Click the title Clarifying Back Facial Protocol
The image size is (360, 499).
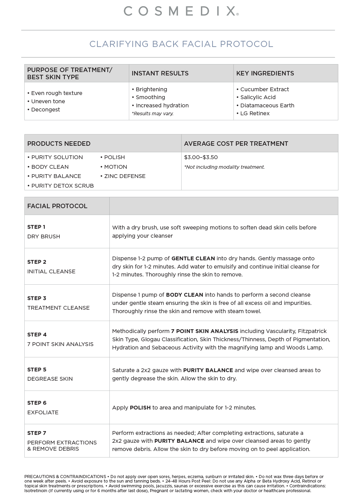click(181, 44)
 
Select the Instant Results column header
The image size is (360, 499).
click(160, 73)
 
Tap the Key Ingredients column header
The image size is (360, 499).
click(265, 73)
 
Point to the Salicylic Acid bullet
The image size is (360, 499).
click(257, 97)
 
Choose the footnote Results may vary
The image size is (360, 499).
click(153, 114)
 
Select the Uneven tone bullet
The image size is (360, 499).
click(48, 102)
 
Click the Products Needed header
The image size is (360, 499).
click(59, 144)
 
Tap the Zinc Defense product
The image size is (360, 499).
click(124, 176)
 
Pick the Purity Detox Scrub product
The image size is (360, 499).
click(62, 186)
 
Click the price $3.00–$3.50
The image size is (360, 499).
click(201, 157)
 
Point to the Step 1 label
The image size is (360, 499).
click(36, 227)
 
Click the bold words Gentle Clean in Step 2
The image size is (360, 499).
click(193, 259)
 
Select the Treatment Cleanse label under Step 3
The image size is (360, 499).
click(58, 308)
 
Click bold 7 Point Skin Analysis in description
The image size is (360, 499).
click(204, 331)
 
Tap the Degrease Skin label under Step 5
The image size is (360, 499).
click(50, 379)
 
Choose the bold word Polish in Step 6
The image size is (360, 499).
click(140, 408)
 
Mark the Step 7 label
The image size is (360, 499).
click(36, 433)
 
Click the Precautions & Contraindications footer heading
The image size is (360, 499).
click(65, 477)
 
